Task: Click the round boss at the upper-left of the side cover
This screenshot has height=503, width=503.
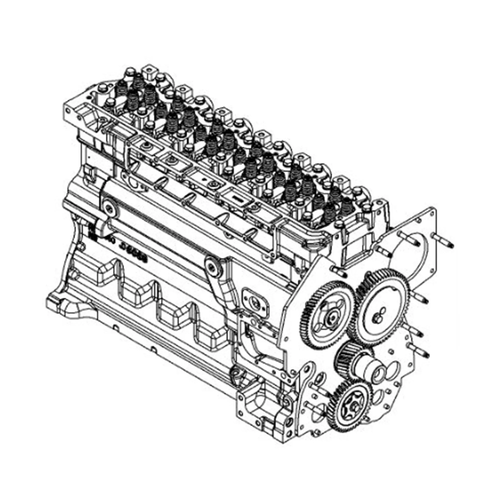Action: (109, 208)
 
